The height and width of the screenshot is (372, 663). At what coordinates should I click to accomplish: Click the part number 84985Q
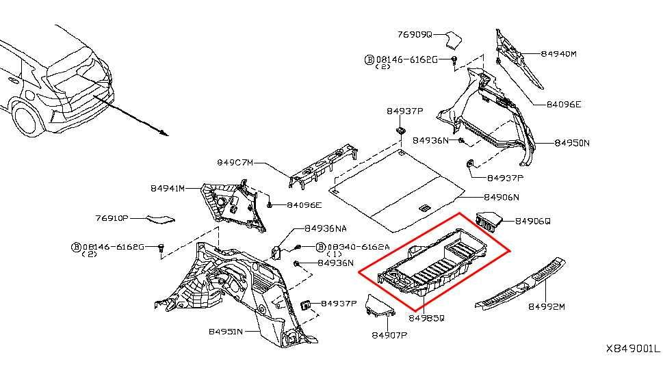pos(426,318)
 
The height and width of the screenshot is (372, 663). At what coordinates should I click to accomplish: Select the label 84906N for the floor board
pos(502,198)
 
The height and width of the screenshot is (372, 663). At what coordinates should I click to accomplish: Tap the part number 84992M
pos(546,306)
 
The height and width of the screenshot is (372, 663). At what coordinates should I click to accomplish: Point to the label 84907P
pos(389,335)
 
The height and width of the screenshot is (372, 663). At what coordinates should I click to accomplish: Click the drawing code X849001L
pos(633,349)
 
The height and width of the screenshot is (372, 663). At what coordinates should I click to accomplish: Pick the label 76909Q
pos(415,34)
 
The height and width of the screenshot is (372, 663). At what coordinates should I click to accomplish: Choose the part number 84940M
pos(558,54)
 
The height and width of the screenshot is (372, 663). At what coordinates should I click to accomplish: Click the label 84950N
pos(572,143)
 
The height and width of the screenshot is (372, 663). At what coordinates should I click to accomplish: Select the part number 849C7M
pos(235,162)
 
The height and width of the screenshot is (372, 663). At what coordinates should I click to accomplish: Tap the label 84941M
pos(168,189)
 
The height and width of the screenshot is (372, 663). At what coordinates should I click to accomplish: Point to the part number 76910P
pos(112,218)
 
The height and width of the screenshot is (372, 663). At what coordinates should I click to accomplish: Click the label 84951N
pos(226,332)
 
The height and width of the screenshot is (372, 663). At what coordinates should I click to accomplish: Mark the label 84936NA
pos(326,228)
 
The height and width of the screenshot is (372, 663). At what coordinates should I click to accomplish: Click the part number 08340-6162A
pos(359,247)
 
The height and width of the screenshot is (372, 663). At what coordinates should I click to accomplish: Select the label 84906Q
pos(533,221)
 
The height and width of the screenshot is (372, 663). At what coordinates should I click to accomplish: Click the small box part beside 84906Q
pos(489,221)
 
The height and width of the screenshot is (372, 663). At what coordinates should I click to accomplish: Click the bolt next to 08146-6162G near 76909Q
pos(454,60)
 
